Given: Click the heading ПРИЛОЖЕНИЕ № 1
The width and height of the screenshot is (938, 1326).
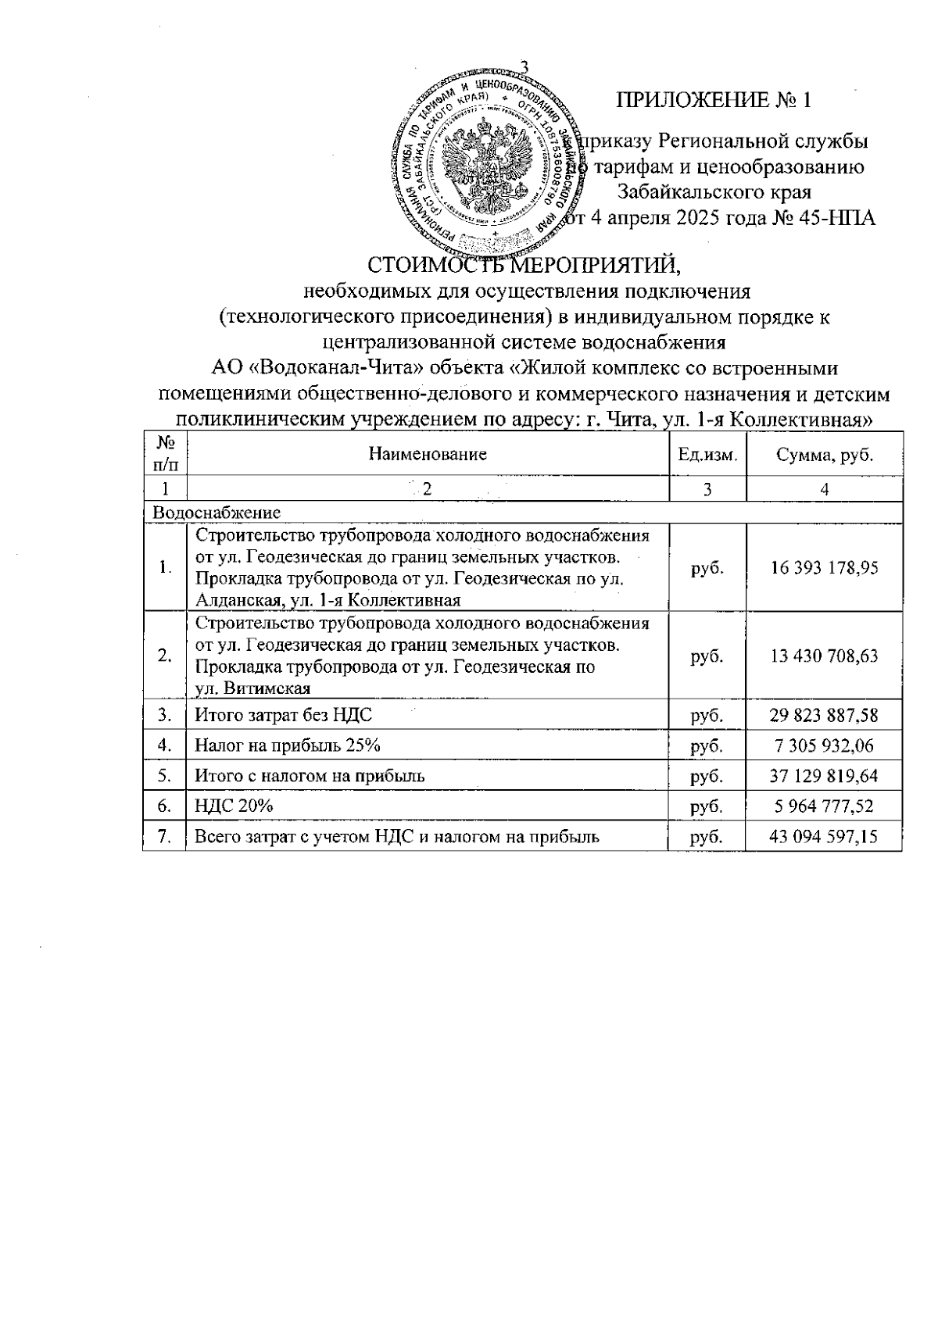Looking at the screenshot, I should click(714, 100).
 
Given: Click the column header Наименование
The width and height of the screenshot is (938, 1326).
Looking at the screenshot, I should click(428, 454).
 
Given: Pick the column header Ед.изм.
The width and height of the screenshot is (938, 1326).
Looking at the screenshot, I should click(707, 454).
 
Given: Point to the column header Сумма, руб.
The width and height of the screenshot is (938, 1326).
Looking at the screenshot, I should click(824, 454).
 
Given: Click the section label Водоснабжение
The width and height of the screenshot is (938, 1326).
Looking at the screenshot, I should click(217, 513).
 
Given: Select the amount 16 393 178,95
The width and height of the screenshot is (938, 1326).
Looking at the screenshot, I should click(824, 567).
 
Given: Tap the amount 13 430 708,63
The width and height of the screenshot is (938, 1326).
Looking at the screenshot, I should click(824, 656).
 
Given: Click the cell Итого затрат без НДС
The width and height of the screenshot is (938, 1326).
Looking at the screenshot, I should click(283, 714).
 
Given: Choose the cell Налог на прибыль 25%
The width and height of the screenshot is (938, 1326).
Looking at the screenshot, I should click(287, 745).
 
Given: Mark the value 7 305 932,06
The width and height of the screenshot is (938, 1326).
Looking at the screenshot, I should click(824, 745).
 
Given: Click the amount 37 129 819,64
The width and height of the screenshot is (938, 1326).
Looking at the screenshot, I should click(824, 776).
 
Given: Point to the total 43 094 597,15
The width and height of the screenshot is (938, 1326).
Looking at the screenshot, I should click(824, 837).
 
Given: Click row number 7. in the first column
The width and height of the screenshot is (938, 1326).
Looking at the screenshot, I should click(164, 837).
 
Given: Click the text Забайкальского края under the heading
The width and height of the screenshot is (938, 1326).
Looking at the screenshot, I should click(714, 191).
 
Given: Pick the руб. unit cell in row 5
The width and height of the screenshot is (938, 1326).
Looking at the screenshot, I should click(707, 776).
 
